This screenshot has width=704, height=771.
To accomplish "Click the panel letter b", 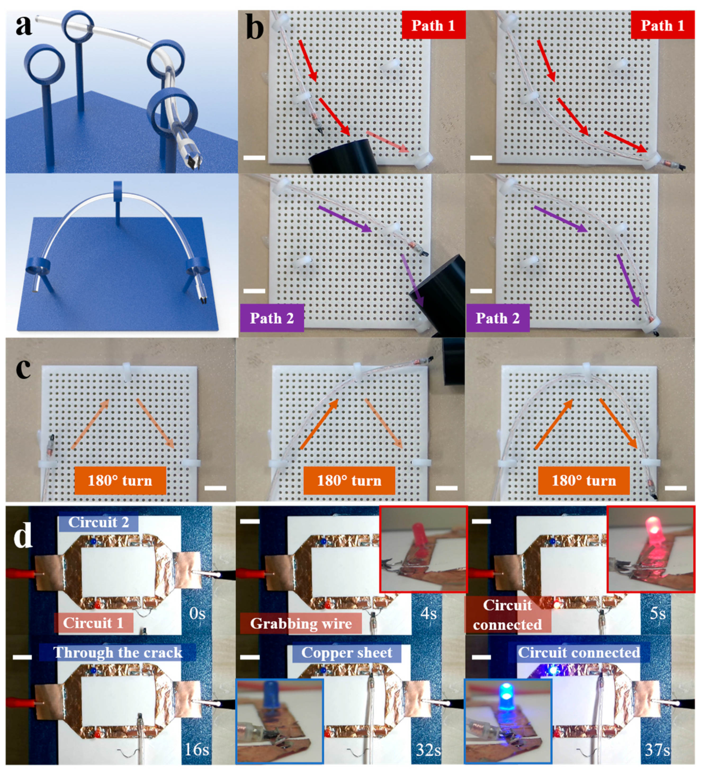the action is [255, 28].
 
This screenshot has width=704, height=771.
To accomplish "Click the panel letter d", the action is [23, 536].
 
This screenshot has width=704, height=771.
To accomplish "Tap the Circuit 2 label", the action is [99, 522].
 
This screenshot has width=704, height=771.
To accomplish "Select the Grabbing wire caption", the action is [301, 623].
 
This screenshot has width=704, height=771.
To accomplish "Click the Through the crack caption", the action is [118, 652].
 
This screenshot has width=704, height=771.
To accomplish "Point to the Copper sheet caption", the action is [347, 652].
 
